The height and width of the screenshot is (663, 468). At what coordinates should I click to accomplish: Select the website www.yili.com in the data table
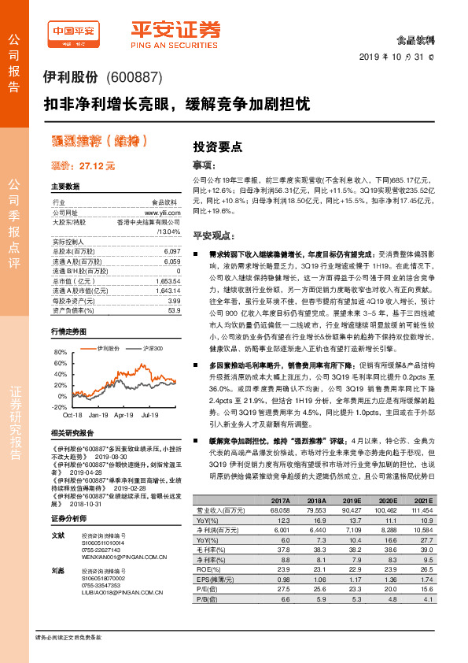pos(163,213)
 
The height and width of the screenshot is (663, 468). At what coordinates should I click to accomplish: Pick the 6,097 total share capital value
pos(173,250)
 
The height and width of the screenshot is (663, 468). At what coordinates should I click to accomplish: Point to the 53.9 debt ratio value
pos(175,311)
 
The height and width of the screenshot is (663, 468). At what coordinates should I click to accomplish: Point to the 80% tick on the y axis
pos(61,353)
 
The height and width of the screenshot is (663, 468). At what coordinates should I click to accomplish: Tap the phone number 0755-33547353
pos(101,586)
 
